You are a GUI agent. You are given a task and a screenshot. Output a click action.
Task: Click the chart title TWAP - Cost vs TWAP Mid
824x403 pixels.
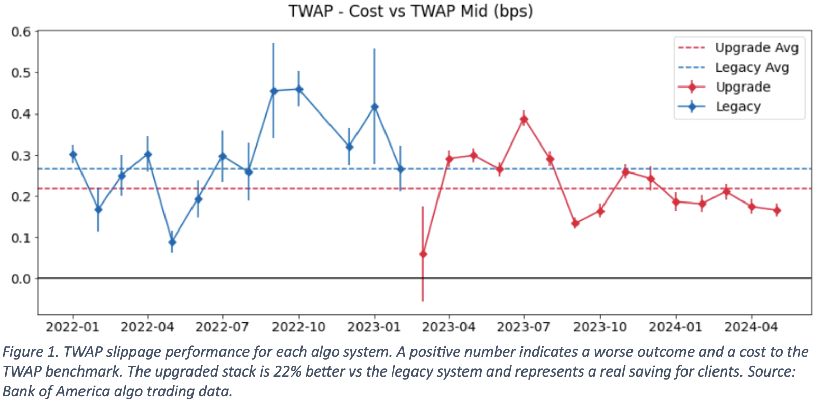click(410, 11)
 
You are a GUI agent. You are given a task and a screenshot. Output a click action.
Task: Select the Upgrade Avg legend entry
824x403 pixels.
click(756, 48)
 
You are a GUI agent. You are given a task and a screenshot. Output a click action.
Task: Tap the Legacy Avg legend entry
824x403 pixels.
click(752, 67)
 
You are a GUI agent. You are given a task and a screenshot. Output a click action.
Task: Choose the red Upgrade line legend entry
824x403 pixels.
click(743, 87)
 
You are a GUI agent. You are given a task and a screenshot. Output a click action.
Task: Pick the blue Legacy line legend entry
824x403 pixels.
click(738, 107)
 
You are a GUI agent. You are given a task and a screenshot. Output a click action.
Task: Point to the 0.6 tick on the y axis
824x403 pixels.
click(21, 32)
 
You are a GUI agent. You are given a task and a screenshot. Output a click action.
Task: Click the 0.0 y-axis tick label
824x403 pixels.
click(21, 279)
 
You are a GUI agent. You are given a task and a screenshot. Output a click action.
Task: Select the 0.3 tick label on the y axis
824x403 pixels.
click(21, 156)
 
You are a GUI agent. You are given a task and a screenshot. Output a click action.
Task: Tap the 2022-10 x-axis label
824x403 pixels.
click(298, 327)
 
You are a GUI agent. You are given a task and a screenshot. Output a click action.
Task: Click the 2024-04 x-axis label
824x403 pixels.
click(751, 327)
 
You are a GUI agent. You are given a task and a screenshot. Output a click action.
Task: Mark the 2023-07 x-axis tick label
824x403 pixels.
click(524, 327)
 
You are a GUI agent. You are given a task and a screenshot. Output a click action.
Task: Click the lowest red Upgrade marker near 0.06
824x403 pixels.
click(423, 254)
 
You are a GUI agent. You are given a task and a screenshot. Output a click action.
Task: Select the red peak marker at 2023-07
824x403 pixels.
click(524, 120)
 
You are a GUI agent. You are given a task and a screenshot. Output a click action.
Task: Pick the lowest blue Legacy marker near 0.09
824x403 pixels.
click(172, 242)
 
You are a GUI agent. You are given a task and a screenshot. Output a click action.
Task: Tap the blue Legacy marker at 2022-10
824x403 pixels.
click(299, 90)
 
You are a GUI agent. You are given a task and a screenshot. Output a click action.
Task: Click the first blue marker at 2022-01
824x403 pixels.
click(73, 155)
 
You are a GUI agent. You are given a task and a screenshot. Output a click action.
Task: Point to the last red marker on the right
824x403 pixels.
click(777, 210)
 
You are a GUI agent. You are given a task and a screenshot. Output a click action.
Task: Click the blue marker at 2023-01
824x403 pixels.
click(375, 107)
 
